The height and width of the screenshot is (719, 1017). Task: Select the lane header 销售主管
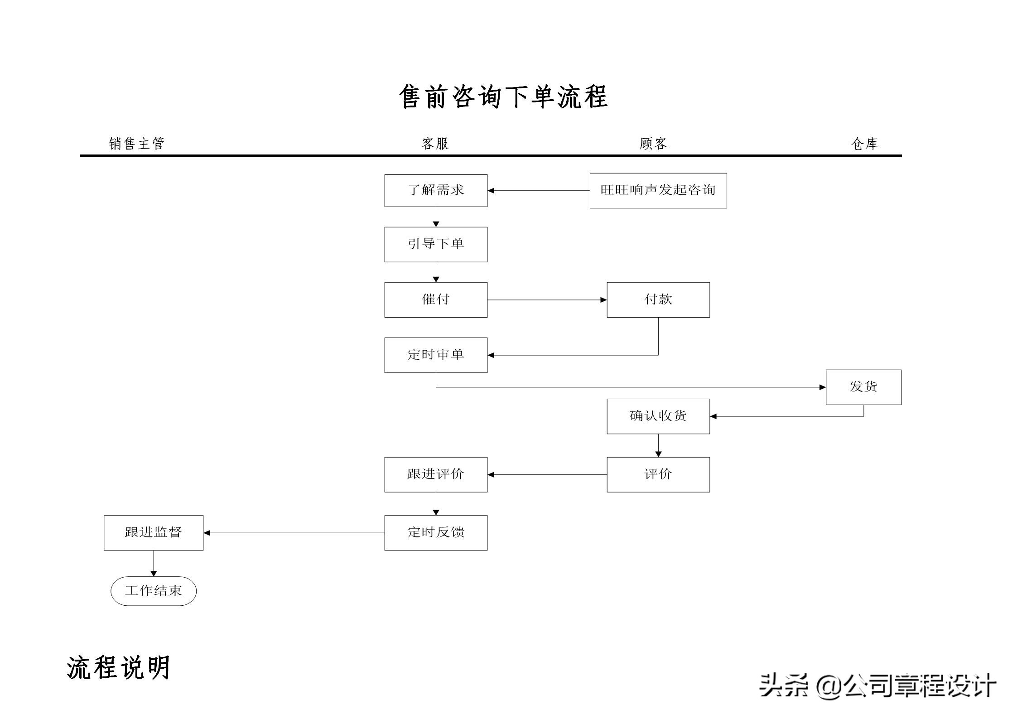tap(136, 144)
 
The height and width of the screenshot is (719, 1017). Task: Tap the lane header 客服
tap(435, 144)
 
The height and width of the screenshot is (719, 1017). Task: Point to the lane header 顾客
tap(653, 144)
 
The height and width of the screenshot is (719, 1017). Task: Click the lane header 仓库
tap(864, 144)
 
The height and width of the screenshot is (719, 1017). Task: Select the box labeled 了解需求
tap(436, 190)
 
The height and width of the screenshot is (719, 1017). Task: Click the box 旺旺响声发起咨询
tap(658, 190)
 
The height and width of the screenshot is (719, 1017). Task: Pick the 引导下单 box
tap(436, 244)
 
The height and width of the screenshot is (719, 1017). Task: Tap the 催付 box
tap(436, 299)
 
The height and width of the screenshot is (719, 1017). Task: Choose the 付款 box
tap(658, 299)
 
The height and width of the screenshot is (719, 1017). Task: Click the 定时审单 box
tap(436, 355)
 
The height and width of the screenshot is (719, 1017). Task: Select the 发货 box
tap(863, 387)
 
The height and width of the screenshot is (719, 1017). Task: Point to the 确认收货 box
tap(658, 416)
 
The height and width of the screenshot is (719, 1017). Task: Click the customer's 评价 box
tap(658, 474)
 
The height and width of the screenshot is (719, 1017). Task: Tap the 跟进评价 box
tap(436, 474)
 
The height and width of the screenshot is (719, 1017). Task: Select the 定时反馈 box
tap(436, 532)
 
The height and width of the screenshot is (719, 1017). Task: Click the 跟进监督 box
tap(153, 532)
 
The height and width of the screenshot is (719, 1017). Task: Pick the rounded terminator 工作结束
tap(153, 591)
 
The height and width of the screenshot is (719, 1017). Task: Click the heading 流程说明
tap(118, 667)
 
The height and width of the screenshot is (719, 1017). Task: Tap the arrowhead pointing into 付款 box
tap(603, 300)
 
